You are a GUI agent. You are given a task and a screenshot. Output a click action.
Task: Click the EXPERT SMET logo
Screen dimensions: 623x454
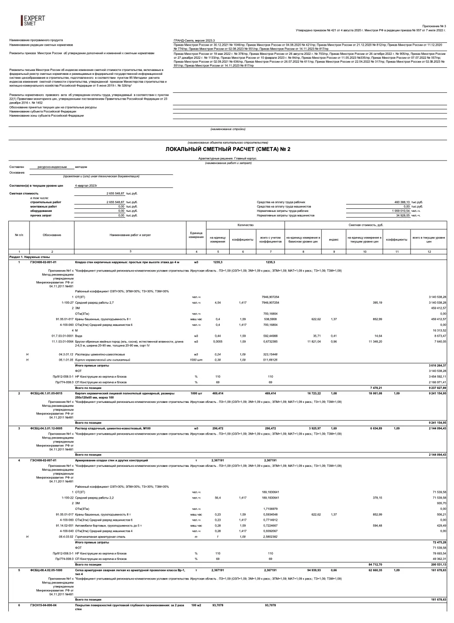pyautogui.click(x=33, y=20)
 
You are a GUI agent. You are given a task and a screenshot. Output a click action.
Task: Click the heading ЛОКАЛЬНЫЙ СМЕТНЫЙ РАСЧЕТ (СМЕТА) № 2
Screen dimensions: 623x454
pyautogui.click(x=228, y=149)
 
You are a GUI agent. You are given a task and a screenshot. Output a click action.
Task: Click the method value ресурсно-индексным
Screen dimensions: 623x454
pyautogui.click(x=52, y=167)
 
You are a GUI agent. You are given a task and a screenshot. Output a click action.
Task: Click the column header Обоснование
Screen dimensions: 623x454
pyautogui.click(x=52, y=235)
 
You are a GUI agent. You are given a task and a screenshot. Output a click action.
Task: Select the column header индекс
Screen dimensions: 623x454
pyautogui.click(x=334, y=239)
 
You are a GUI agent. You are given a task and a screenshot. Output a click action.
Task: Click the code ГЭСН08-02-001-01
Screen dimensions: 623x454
pyautogui.click(x=43, y=262)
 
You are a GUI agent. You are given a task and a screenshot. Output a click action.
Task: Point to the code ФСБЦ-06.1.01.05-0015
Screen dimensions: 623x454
pyautogui.click(x=47, y=393)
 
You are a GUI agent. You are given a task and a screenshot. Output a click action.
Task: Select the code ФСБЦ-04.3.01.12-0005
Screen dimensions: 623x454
pyautogui.click(x=47, y=429)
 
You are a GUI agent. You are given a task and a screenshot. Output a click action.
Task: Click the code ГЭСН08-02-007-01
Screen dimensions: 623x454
pyautogui.click(x=43, y=460)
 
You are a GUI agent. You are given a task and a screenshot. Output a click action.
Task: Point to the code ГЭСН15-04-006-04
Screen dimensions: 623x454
pyautogui.click(x=43, y=605)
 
